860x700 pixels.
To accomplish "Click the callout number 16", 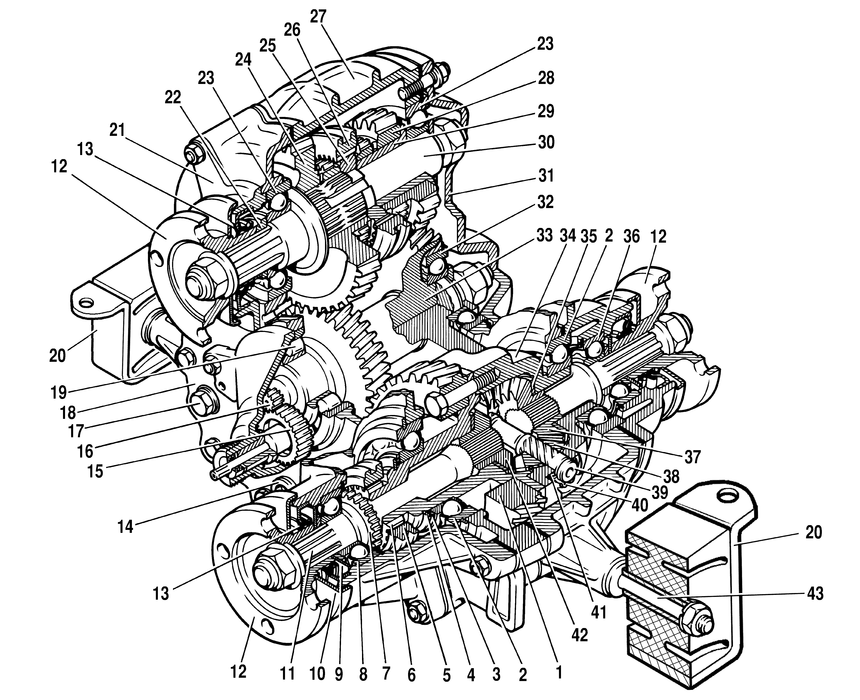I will tap(85, 451).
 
